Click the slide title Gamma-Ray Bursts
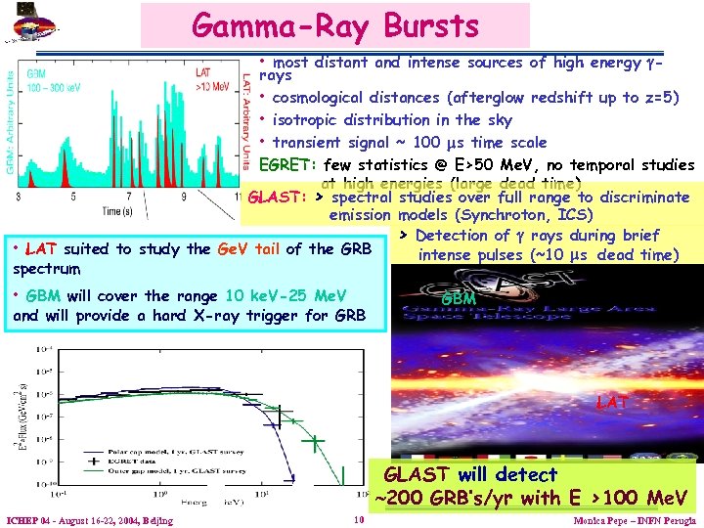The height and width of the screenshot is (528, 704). pyautogui.click(x=335, y=25)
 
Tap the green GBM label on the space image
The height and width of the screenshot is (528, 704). pyautogui.click(x=459, y=298)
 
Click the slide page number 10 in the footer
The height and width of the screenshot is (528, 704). pyautogui.click(x=359, y=519)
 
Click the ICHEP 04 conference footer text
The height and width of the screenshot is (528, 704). pyautogui.click(x=89, y=520)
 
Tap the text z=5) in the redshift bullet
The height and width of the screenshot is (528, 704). pyautogui.click(x=654, y=98)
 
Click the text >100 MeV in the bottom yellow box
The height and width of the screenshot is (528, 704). pyautogui.click(x=628, y=498)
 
